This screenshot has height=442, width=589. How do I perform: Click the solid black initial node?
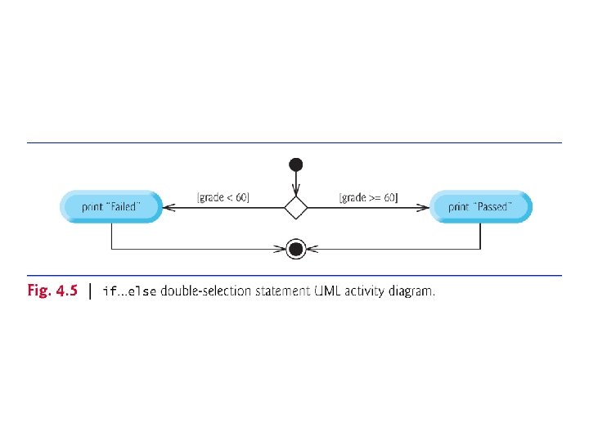(296, 165)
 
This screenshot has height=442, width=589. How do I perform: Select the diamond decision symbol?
(296, 207)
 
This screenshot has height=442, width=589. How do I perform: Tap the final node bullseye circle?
(296, 248)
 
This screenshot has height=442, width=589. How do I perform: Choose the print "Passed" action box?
(480, 207)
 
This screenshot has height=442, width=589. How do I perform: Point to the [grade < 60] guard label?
(223, 197)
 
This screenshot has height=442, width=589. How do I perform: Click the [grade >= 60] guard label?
(368, 197)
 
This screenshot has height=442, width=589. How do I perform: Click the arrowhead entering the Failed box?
(169, 207)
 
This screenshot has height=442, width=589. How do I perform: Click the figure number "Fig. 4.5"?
(51, 291)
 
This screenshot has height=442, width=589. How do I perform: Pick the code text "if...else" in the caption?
(128, 291)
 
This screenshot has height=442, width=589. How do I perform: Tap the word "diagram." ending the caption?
(411, 291)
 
